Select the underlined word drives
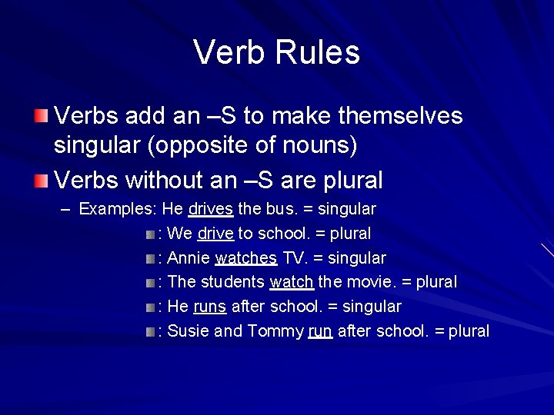point(210,208)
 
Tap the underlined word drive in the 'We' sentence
point(215,233)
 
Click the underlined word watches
point(246,257)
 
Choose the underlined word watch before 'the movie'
point(291,282)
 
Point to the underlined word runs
point(210,307)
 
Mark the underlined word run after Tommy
point(320,331)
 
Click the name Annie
point(189,257)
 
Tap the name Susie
point(189,331)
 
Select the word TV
point(293,257)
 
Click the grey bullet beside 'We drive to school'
point(150,234)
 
